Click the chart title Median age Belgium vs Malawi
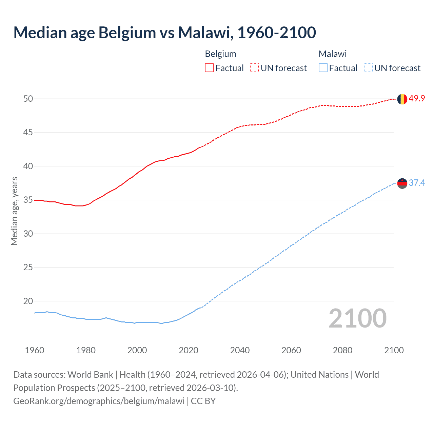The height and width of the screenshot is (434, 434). (x=164, y=33)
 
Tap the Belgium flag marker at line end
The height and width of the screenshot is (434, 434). (x=402, y=99)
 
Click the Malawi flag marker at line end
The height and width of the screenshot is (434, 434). (x=402, y=183)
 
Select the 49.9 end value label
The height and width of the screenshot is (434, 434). (x=417, y=99)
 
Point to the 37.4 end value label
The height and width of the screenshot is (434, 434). (x=417, y=183)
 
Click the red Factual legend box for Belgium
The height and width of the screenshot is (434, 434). (x=209, y=68)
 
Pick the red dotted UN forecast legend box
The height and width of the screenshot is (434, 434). (x=254, y=68)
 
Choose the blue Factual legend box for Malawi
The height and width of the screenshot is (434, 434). (x=323, y=68)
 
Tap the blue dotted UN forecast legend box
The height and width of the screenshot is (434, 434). (x=368, y=68)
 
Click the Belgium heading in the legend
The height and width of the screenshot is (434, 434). (x=220, y=54)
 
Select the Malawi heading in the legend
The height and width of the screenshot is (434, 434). (x=332, y=54)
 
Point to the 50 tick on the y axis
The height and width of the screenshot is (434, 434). (x=28, y=99)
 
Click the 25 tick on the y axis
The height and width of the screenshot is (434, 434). (x=28, y=268)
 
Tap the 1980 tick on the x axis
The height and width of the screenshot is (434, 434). (x=86, y=350)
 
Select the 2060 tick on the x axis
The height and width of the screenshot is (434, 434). (x=291, y=350)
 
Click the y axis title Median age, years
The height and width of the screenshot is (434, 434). (x=14, y=211)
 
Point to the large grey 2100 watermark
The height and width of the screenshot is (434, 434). (x=357, y=318)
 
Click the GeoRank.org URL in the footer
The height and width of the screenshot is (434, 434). (x=99, y=401)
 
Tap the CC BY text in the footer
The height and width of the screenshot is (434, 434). (x=203, y=401)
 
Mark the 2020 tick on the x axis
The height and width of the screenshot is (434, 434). (x=189, y=350)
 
